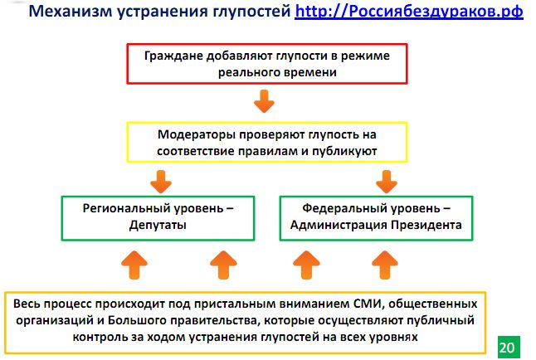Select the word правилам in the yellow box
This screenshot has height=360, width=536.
279,151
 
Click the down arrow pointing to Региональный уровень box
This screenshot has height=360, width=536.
161,178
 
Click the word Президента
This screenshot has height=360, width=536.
423,225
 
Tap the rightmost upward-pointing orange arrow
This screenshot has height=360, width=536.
383,266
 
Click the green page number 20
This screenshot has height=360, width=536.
506,345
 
